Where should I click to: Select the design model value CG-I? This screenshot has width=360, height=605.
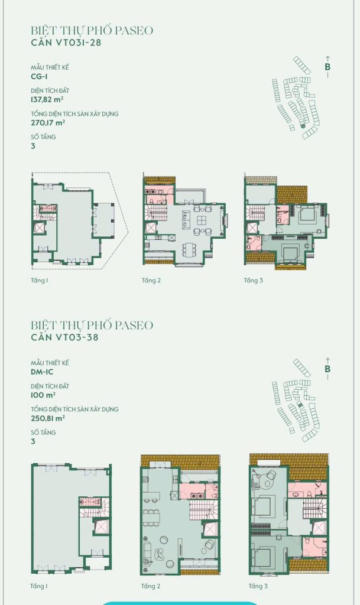pyautogui.click(x=40, y=76)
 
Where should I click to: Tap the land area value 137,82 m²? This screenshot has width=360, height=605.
pyautogui.click(x=47, y=99)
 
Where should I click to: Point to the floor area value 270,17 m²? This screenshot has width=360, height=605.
pyautogui.click(x=48, y=123)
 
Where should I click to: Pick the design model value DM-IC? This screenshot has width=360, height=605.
pyautogui.click(x=42, y=372)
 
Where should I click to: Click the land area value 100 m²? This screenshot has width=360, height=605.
pyautogui.click(x=43, y=395)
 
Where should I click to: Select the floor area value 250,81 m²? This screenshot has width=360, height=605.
pyautogui.click(x=48, y=418)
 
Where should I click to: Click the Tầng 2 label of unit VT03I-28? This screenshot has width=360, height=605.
pyautogui.click(x=151, y=281)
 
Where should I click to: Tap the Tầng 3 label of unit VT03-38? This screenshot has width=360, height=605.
pyautogui.click(x=258, y=587)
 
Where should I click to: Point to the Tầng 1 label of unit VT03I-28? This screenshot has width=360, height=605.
pyautogui.click(x=40, y=281)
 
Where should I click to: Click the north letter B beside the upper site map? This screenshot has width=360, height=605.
pyautogui.click(x=327, y=67)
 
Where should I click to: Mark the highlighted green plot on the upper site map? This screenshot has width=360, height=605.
pyautogui.click(x=303, y=125)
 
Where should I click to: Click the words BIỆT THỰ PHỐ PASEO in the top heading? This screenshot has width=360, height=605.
pyautogui.click(x=92, y=30)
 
